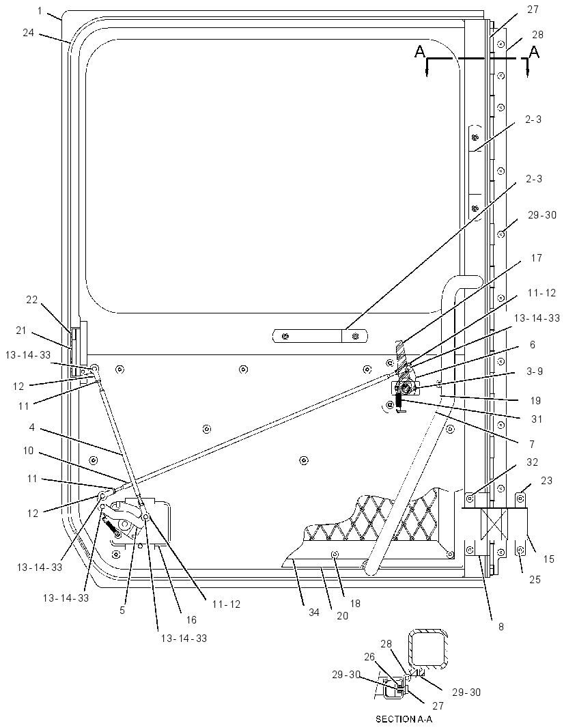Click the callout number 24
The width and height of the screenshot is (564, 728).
click(28, 33)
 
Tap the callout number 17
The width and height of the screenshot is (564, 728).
click(536, 258)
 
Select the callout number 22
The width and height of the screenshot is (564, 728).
click(31, 300)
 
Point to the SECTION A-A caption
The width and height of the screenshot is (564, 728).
click(404, 719)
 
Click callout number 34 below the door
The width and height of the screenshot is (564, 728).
click(314, 613)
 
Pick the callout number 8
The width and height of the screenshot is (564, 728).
click(501, 627)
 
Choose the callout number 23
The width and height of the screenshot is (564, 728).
click(546, 481)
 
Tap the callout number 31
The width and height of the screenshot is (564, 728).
click(537, 419)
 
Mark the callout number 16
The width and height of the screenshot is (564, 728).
click(191, 620)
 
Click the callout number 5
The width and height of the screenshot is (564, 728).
click(122, 610)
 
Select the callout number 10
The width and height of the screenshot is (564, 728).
click(28, 450)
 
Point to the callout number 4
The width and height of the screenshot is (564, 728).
click(31, 427)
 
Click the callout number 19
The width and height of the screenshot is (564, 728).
click(536, 401)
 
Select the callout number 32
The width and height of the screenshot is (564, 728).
click(532, 462)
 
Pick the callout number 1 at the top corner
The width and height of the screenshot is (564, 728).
click(40, 11)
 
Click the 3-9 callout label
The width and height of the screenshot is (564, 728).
click(534, 372)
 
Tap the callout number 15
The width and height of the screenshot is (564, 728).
click(549, 559)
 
